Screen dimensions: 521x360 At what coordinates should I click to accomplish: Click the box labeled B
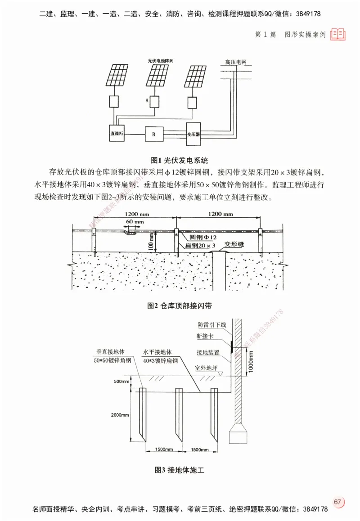(x=153, y=134)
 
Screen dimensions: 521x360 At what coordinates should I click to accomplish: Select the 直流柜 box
(x=117, y=134)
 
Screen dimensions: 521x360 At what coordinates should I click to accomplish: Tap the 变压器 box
(x=193, y=133)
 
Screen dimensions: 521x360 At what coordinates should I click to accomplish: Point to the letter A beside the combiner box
(x=147, y=101)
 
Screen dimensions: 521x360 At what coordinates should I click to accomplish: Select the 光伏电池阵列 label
(x=160, y=61)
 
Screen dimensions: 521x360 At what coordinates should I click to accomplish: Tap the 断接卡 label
(x=205, y=336)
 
